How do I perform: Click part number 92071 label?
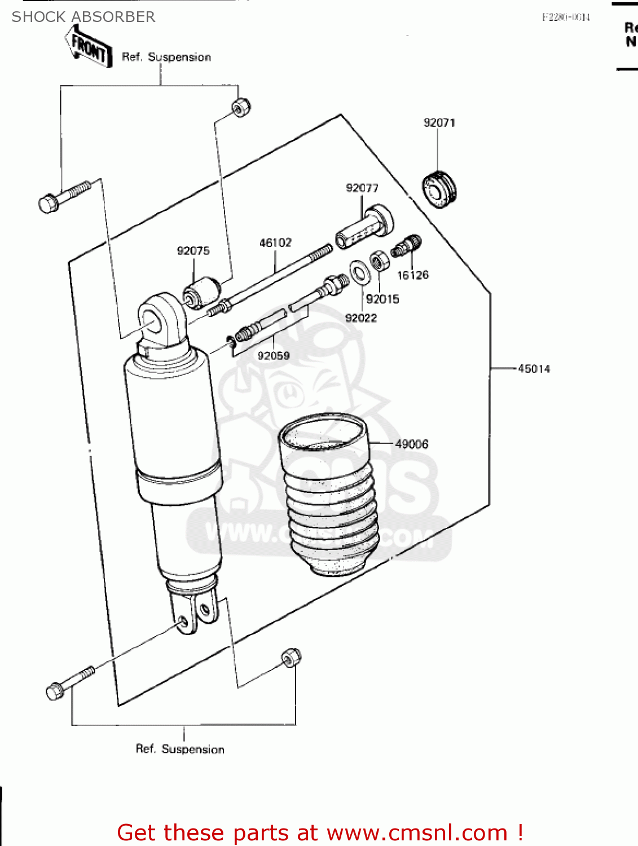tap(439, 123)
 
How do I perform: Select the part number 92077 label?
tap(362, 188)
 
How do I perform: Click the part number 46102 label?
tap(275, 243)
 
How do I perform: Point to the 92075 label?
tap(193, 251)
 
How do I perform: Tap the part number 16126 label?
tap(412, 275)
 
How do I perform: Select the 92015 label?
tap(382, 299)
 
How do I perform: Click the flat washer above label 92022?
tap(358, 272)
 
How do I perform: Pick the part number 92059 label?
tap(274, 356)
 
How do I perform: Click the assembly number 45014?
tap(534, 369)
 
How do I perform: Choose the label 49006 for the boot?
tap(411, 444)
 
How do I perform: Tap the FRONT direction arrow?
tap(87, 47)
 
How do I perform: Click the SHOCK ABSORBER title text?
tap(83, 17)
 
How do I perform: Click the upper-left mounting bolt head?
tap(49, 203)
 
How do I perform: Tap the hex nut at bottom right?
tap(291, 657)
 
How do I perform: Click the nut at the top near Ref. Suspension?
tap(241, 107)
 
